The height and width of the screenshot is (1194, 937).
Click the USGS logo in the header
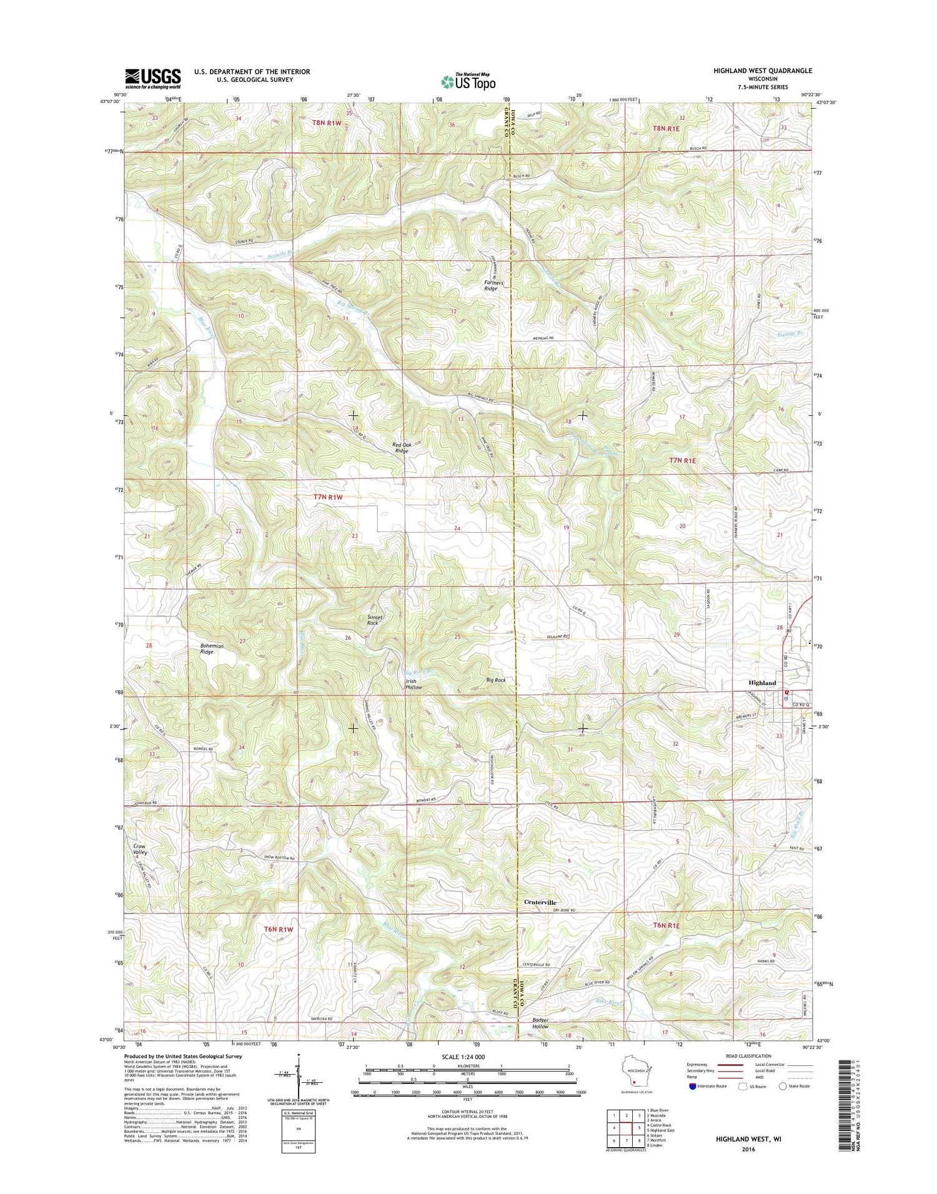153,78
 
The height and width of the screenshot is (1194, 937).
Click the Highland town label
762,683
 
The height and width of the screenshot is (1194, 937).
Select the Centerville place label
540,902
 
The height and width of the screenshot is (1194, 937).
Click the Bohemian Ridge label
207,648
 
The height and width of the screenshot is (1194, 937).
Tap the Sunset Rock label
374,619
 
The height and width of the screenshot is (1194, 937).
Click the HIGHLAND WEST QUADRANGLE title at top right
763,71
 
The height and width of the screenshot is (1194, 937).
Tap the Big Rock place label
496,679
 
